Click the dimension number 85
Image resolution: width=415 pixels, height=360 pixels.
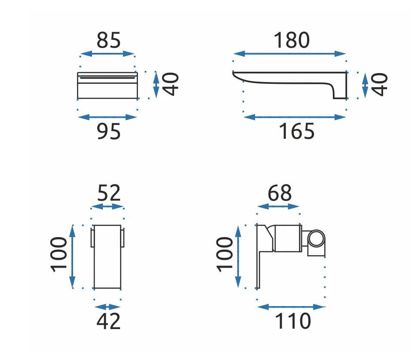(x=108, y=40)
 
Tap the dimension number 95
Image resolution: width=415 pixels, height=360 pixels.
(x=108, y=131)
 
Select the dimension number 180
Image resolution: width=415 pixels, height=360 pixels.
(x=292, y=40)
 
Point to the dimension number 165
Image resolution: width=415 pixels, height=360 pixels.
(x=297, y=131)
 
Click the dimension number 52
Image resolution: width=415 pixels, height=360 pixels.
(x=109, y=193)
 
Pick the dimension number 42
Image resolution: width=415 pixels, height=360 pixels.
(x=108, y=321)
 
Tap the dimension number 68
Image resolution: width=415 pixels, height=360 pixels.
(x=280, y=193)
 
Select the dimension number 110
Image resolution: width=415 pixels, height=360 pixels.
(x=293, y=321)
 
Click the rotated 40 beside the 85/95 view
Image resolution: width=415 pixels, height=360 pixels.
(x=170, y=84)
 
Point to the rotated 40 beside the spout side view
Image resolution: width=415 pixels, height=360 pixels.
(x=379, y=85)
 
